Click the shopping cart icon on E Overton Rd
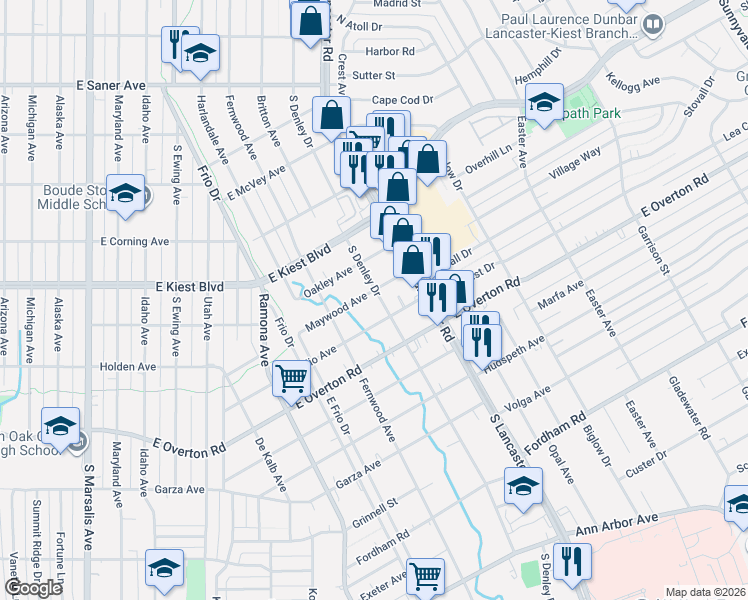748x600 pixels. click(x=291, y=377)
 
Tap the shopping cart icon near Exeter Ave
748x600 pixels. click(x=426, y=575)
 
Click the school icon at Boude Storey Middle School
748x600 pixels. click(x=126, y=193)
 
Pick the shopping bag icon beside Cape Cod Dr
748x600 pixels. click(x=331, y=115)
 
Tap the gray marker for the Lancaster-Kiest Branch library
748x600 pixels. click(x=653, y=23)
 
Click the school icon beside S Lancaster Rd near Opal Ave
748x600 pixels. click(x=522, y=487)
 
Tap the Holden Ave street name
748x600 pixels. click(x=128, y=367)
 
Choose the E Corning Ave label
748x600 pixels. click(x=134, y=242)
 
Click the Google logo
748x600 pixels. click(x=33, y=588)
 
